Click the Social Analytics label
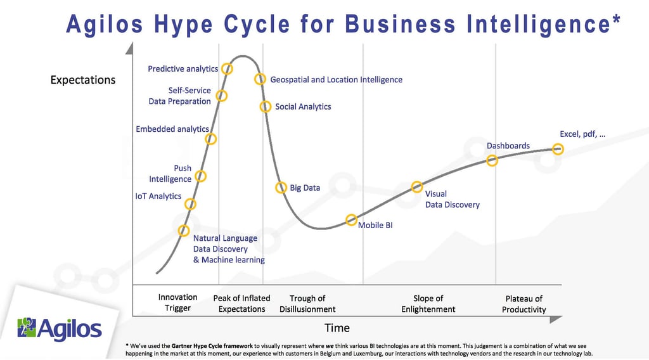303,106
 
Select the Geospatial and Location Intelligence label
336,79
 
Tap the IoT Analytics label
158,196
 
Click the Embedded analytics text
172,129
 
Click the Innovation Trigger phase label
177,302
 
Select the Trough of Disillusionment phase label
307,304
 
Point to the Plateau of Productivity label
524,304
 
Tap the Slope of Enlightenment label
428,304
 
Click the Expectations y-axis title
83,80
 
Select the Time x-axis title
337,328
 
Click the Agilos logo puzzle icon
27,327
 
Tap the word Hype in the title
183,23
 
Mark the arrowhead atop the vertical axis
129,48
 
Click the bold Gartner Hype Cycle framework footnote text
212,346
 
